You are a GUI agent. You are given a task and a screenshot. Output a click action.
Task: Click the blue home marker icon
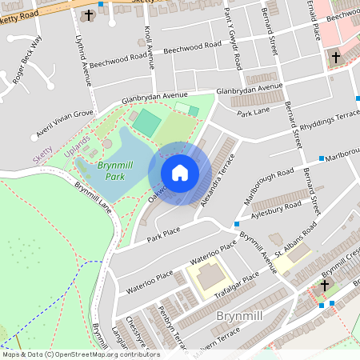point(180,173)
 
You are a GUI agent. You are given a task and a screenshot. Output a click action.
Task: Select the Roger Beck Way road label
point(27,60)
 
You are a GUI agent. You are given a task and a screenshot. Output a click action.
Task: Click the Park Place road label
point(164,233)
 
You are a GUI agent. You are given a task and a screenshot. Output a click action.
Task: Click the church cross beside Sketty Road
point(89,15)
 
